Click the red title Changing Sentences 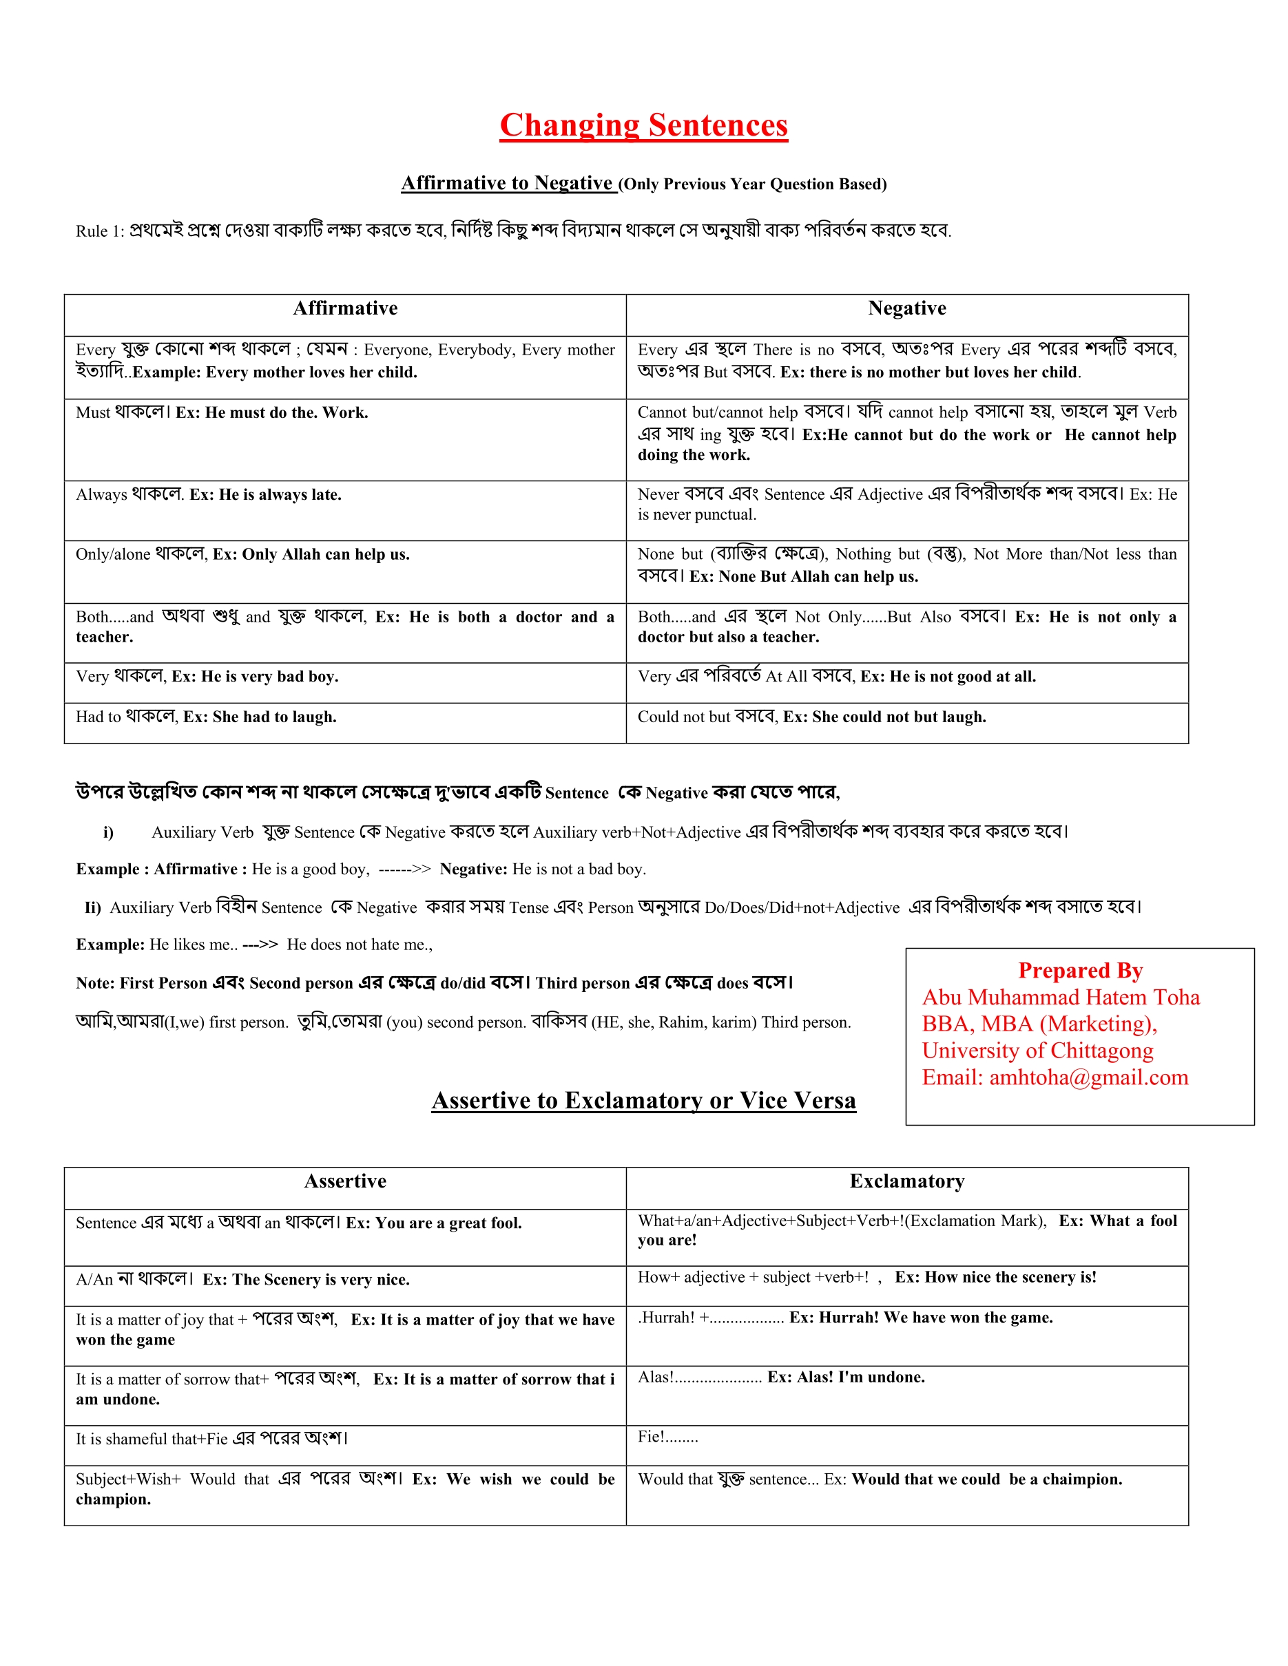pyautogui.click(x=643, y=125)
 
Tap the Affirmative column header pyautogui.click(x=345, y=308)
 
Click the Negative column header pyautogui.click(x=906, y=308)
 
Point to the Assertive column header pyautogui.click(x=345, y=1181)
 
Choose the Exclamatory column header pyautogui.click(x=906, y=1181)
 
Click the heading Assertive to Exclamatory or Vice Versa pyautogui.click(x=643, y=1101)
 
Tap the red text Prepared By pyautogui.click(x=1080, y=970)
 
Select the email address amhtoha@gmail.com pyautogui.click(x=1089, y=1077)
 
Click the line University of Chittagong pyautogui.click(x=1037, y=1051)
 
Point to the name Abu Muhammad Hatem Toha pyautogui.click(x=1061, y=997)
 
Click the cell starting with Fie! pyautogui.click(x=667, y=1437)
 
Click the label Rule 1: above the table pyautogui.click(x=100, y=231)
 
